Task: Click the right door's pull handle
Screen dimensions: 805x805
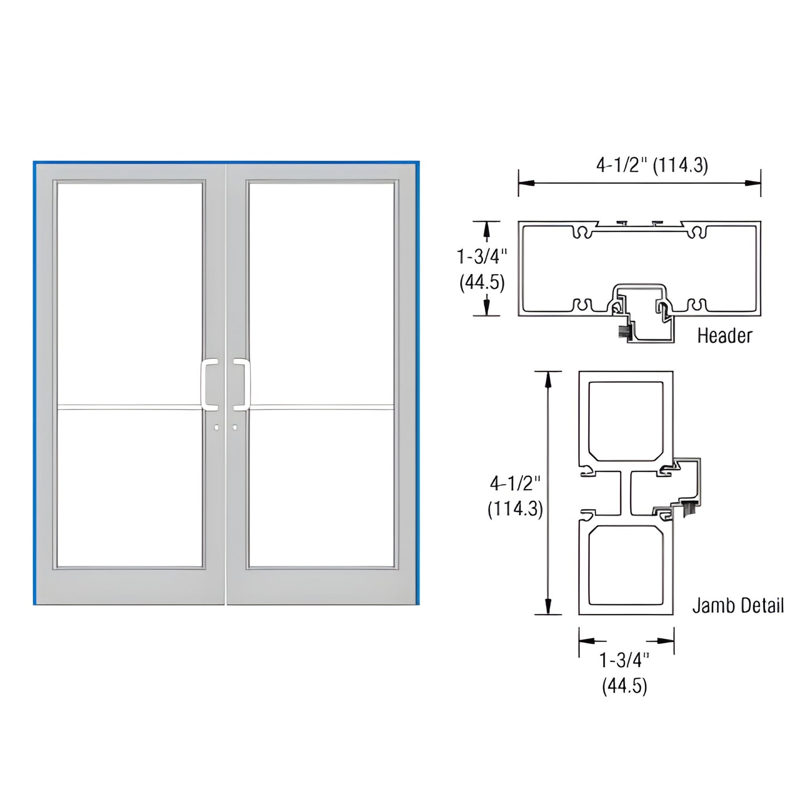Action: click(243, 385)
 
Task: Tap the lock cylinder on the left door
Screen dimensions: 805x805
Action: click(217, 427)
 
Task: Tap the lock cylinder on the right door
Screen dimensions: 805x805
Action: click(235, 427)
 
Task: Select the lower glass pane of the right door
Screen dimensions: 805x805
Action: click(322, 487)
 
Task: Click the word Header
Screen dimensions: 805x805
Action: click(724, 335)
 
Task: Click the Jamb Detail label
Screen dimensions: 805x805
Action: click(738, 606)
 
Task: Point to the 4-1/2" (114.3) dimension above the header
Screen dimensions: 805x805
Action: click(652, 165)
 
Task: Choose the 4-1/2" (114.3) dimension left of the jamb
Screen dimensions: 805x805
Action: click(515, 496)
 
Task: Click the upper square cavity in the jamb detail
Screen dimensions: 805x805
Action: click(626, 421)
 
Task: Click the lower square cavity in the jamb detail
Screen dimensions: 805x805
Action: click(626, 565)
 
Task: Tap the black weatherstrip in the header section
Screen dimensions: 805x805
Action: click(623, 333)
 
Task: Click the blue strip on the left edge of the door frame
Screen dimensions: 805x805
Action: click(35, 384)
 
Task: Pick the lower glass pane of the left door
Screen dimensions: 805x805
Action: click(129, 487)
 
